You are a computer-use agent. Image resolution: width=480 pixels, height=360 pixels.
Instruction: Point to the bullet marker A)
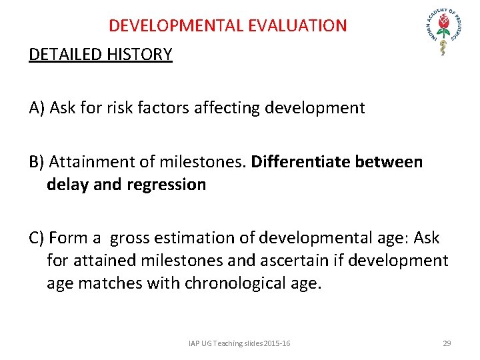point(37,108)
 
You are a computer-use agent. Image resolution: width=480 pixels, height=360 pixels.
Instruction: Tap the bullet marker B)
point(37,162)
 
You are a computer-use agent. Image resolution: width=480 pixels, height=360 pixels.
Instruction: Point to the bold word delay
point(67,185)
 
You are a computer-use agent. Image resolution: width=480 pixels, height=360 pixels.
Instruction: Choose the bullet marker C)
point(37,238)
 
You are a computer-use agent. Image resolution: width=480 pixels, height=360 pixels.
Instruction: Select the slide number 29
point(447,343)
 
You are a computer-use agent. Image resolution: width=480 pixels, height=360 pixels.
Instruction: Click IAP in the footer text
point(194,343)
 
